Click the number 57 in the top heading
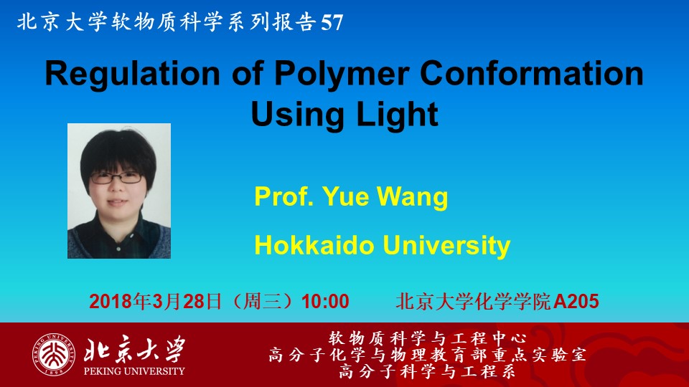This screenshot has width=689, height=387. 332,22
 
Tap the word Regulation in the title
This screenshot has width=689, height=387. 132,73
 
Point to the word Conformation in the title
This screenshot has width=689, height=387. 532,73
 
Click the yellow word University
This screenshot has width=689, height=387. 446,246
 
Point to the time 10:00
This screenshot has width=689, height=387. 325,302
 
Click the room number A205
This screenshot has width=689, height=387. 576,302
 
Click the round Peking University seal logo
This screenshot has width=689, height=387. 53,355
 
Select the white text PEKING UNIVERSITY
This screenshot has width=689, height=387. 134,371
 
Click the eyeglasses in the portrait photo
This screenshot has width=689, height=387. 116,177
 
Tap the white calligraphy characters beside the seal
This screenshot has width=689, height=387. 134,350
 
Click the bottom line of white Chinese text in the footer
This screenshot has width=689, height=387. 427,372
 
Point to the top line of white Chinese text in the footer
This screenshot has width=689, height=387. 427,338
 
